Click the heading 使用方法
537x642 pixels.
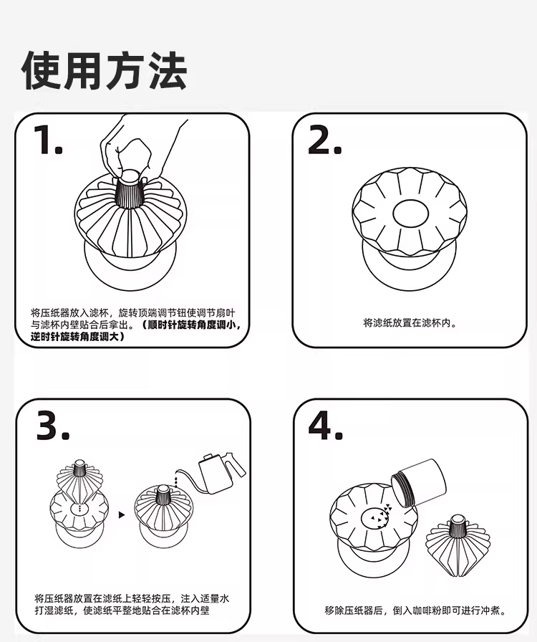(105, 70)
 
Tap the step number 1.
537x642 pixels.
(48, 140)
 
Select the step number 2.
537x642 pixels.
(324, 140)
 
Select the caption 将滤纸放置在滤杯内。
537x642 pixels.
(410, 322)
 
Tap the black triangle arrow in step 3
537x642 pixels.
(122, 514)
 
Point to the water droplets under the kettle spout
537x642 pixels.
(177, 481)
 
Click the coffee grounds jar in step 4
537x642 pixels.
(418, 483)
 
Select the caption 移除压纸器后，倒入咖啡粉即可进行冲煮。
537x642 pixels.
(416, 610)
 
